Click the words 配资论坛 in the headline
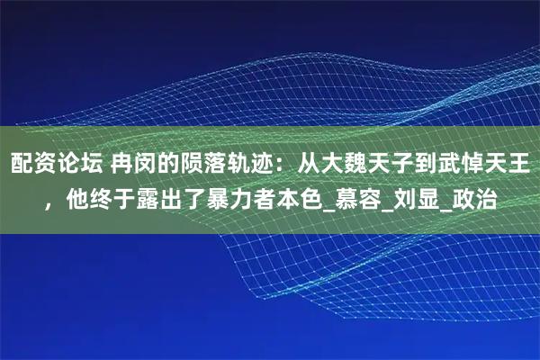(53, 164)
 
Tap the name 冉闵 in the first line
(132, 164)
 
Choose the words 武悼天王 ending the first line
(486, 164)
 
